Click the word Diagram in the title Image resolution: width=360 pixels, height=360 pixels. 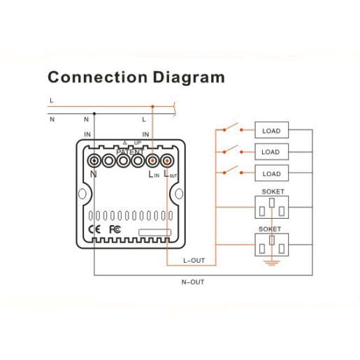189,78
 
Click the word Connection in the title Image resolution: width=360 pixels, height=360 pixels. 98,77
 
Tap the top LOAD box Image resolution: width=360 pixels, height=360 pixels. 272,130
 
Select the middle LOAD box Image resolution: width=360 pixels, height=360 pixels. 272,152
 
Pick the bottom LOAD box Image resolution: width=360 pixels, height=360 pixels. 272,173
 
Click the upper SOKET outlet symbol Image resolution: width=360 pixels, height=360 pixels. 272,207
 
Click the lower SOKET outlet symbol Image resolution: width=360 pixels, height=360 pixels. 272,245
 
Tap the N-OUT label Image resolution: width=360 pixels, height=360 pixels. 193,282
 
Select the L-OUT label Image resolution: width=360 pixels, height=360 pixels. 194,261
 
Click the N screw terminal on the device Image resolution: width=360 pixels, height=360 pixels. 94,161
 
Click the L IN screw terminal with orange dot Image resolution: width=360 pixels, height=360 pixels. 152,161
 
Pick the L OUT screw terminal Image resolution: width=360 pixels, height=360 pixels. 167,161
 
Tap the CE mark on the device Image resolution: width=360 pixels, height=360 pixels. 94,229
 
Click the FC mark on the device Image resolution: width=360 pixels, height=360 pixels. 115,229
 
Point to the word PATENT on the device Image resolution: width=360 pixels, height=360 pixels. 130,152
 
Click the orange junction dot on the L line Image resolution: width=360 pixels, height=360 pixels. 152,106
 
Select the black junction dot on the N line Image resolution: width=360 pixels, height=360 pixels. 94,114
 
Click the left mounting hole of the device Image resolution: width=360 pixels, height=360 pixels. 82,194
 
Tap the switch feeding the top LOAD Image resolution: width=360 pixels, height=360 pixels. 233,127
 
